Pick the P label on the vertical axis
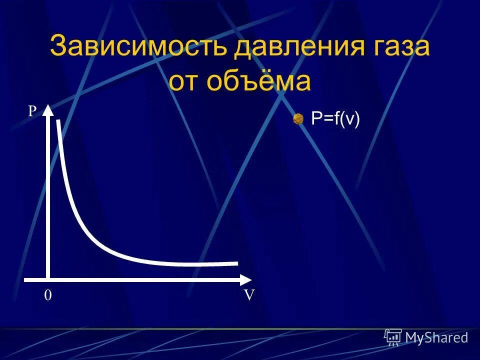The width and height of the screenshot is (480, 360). pos(32,111)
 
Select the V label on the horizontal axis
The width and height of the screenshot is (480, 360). pos(249,295)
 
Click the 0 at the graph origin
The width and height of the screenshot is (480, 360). pos(47,295)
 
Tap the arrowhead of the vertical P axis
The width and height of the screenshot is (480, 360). pos(48,109)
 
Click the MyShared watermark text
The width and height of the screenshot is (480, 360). pos(436,337)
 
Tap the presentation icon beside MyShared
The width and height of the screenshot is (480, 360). pos(393,337)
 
